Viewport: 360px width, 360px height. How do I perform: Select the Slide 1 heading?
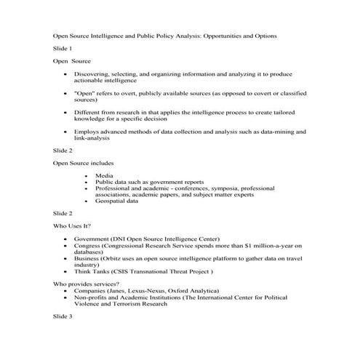(x=63, y=48)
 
